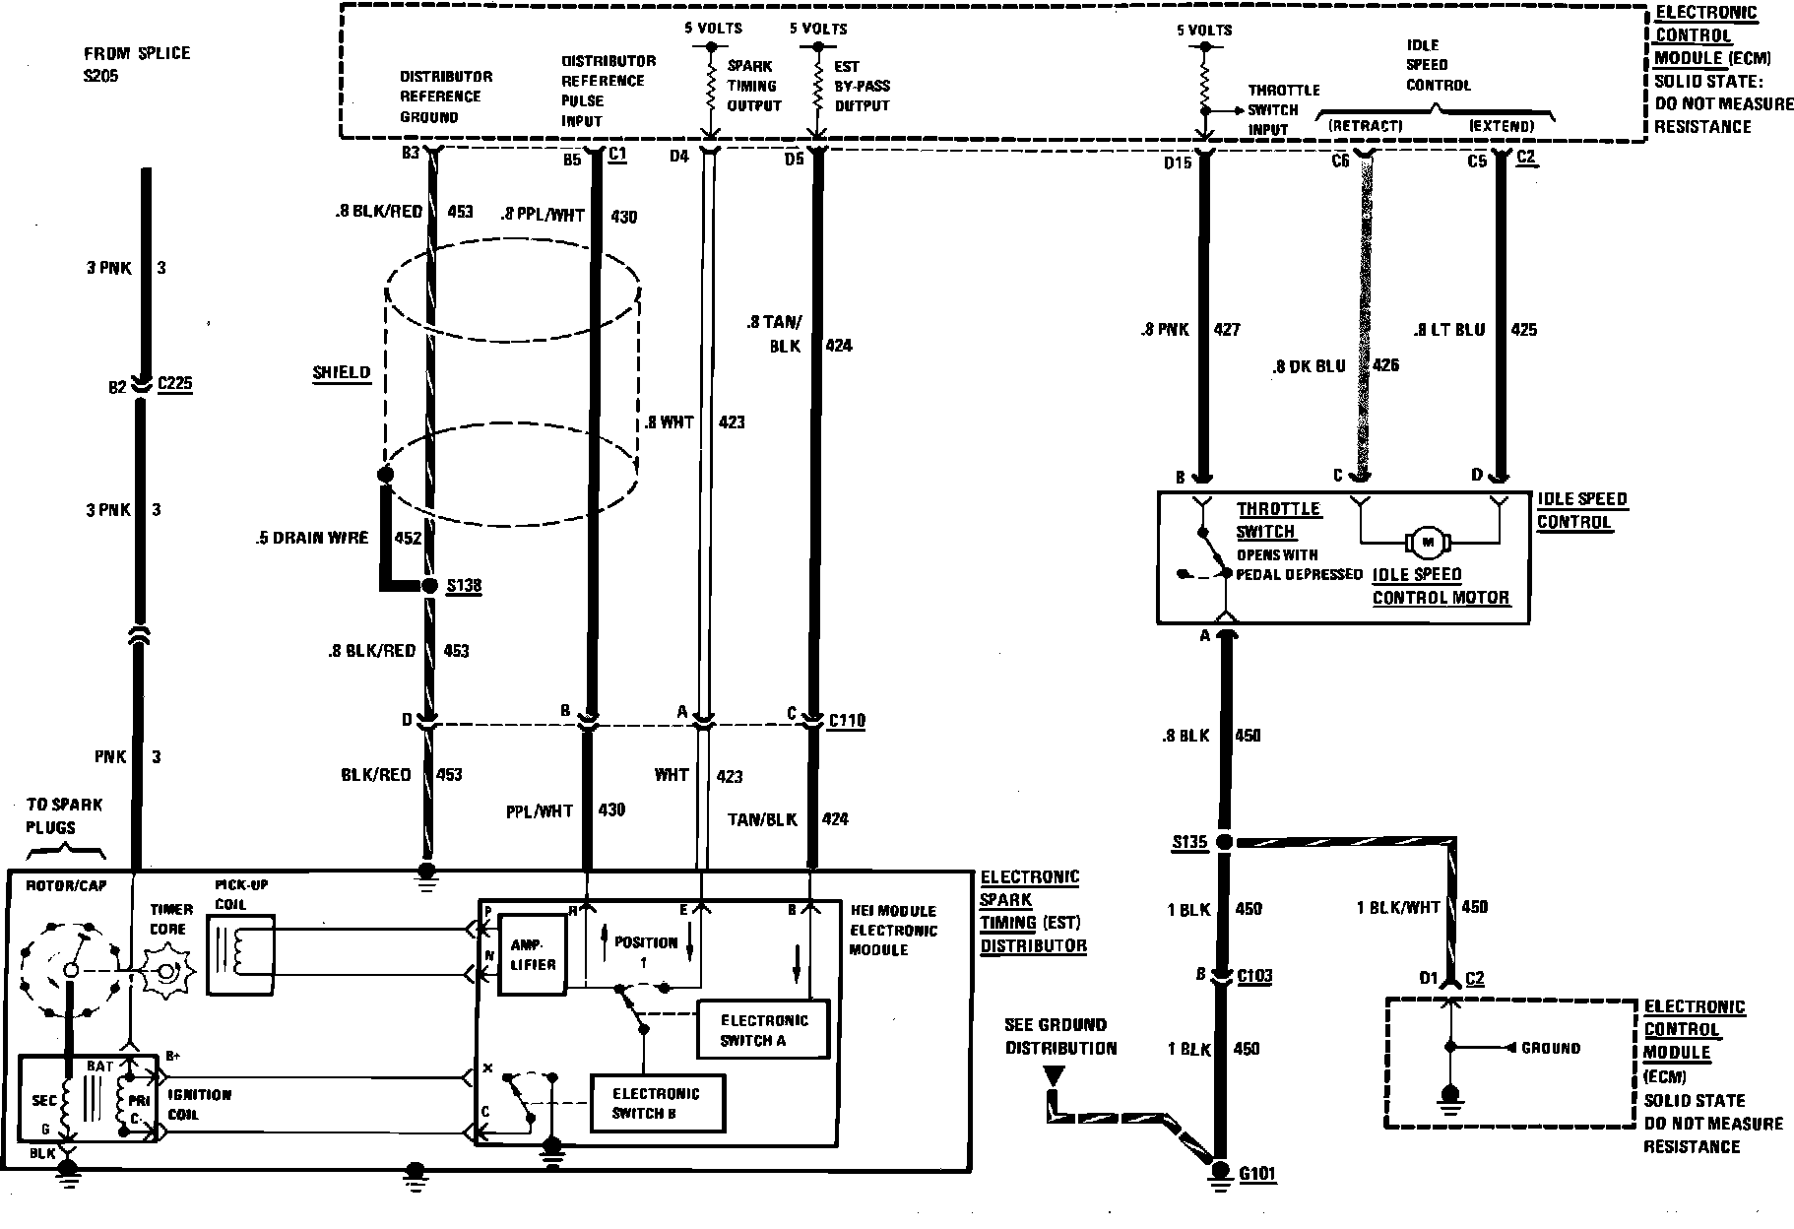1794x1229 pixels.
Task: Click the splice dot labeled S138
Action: coord(428,585)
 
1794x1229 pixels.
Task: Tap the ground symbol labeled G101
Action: coord(1221,1171)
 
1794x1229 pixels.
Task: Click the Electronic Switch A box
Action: coord(763,1030)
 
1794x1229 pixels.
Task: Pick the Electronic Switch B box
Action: coord(656,1103)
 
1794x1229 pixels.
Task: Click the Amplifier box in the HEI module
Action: coord(533,954)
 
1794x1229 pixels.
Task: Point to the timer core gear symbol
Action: coord(167,972)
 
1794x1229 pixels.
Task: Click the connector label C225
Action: coord(175,384)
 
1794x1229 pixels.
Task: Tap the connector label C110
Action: coord(846,721)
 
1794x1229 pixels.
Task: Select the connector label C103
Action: coord(1254,976)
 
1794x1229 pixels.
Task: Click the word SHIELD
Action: coord(341,372)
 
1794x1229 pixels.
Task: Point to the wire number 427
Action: coord(1227,330)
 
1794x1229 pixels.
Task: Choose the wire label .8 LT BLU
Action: coord(1448,330)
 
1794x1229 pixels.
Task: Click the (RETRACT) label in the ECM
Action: coord(1364,126)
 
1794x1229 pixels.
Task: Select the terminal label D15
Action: coord(1178,162)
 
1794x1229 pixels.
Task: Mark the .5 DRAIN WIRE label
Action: coord(311,538)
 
